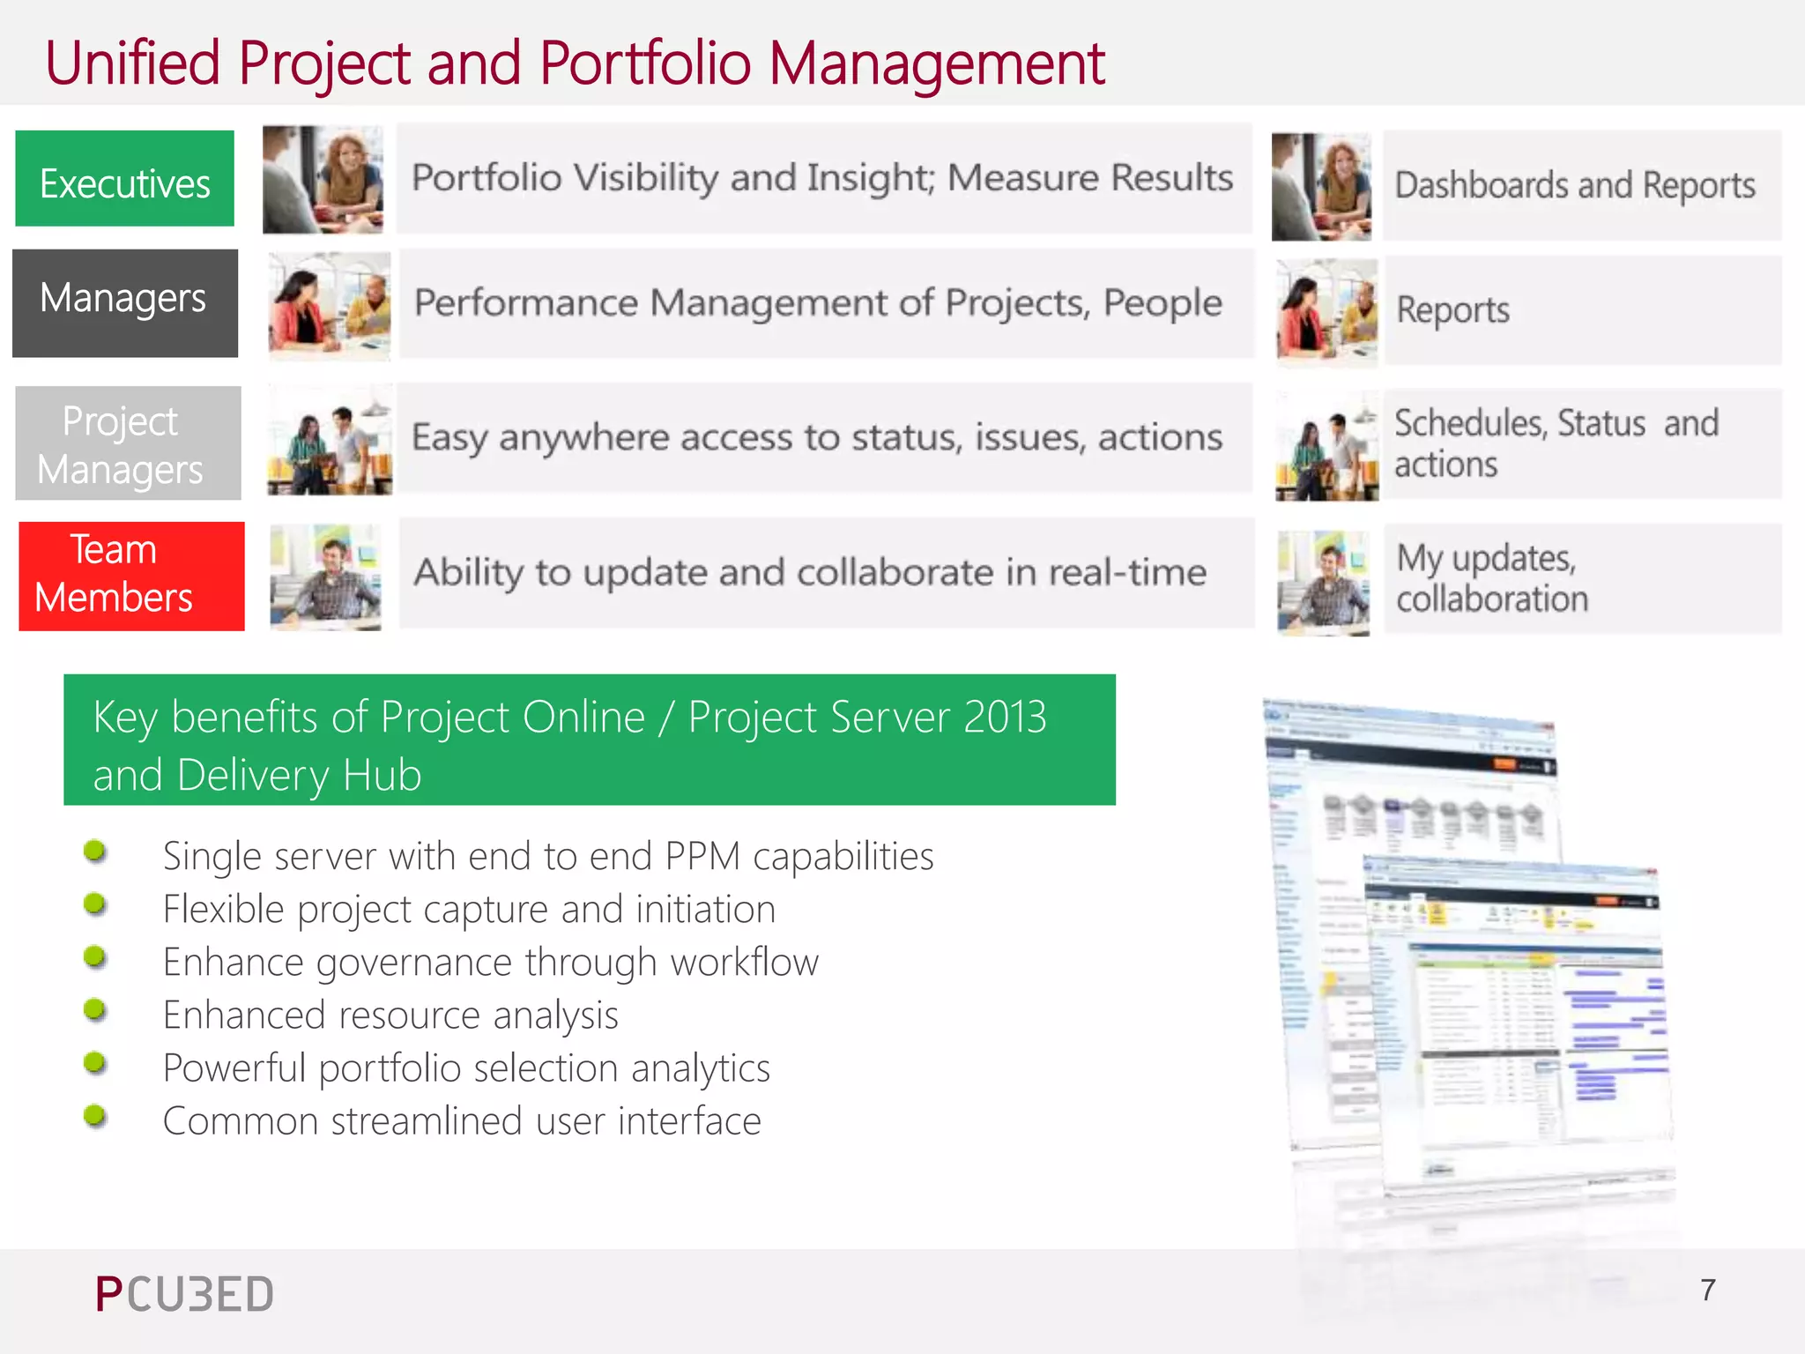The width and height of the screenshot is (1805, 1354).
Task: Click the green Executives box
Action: click(x=125, y=179)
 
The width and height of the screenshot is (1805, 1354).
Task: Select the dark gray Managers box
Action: click(x=125, y=303)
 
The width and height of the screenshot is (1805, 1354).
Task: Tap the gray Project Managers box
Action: click(x=128, y=443)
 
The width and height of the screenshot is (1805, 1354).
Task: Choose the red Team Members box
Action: click(x=131, y=576)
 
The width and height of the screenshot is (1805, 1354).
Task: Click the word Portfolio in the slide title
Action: click(x=645, y=63)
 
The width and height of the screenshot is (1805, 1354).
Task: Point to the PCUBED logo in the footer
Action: click(x=184, y=1294)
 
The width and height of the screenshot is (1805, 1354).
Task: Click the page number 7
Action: click(x=1708, y=1291)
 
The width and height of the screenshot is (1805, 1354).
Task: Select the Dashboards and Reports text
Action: click(x=1575, y=186)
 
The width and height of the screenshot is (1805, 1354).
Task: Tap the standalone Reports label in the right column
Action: click(x=1452, y=310)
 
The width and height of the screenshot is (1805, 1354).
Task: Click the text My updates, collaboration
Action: click(x=1492, y=578)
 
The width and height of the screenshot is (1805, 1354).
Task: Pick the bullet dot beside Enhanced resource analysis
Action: click(x=95, y=1010)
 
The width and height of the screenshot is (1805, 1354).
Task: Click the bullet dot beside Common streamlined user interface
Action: click(x=95, y=1117)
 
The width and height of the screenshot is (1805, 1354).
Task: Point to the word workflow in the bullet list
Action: click(x=744, y=962)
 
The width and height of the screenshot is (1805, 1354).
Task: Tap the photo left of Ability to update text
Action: click(x=326, y=577)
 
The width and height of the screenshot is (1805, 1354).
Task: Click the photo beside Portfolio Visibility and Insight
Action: click(x=323, y=180)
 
